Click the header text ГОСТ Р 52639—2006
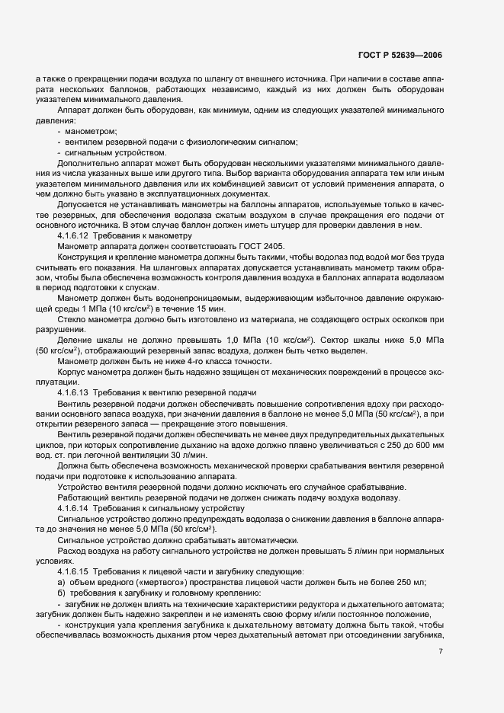[400, 56]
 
